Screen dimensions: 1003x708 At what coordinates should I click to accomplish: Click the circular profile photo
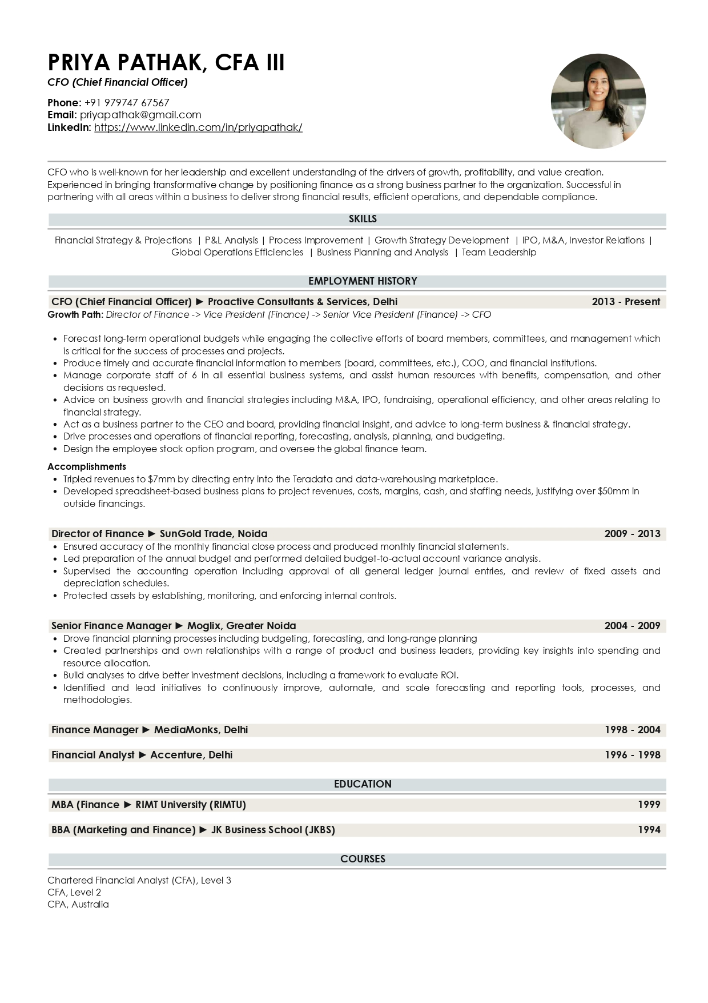coord(598,101)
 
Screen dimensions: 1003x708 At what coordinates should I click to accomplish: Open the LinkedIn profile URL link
coord(198,127)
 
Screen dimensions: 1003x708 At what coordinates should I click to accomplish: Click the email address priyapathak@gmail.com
coord(140,115)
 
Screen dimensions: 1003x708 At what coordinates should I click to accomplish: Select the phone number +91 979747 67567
coord(127,103)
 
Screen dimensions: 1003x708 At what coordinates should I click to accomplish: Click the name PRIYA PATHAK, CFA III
coord(166,62)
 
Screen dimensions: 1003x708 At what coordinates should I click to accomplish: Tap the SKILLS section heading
coord(363,219)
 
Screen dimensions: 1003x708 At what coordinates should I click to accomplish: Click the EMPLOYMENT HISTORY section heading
coord(363,281)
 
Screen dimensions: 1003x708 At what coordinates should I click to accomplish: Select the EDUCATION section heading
coord(363,784)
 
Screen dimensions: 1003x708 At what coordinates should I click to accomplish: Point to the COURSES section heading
coord(363,859)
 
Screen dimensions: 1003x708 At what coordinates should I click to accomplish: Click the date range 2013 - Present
coord(626,302)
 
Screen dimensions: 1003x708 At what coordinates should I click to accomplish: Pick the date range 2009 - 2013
coord(632,534)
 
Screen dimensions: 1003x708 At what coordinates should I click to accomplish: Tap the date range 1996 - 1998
coord(632,755)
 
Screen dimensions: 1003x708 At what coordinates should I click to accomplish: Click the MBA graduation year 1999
coord(649,805)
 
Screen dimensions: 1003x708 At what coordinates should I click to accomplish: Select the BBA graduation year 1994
coord(649,830)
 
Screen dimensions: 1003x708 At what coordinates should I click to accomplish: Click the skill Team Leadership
coord(499,253)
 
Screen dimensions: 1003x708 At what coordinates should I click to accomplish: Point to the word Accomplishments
coord(87,466)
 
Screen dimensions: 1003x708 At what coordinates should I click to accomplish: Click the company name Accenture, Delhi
coord(191,755)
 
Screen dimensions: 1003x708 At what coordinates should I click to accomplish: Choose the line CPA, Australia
coord(78,904)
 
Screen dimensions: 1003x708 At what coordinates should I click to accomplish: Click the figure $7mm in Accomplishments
coord(158,479)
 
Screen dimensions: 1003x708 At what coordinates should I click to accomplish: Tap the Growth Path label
coord(75,315)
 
